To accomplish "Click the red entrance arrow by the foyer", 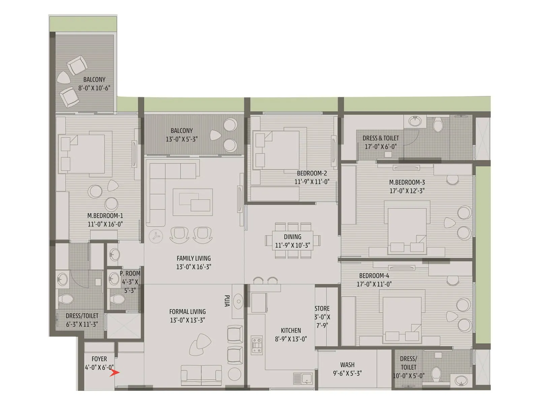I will (115, 373).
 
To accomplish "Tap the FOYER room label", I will (99, 359).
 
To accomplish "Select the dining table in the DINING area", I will (292, 241).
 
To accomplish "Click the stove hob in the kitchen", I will (257, 345).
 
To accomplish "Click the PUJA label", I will (227, 301).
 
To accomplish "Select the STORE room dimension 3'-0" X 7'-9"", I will (322, 321).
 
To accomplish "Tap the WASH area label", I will (347, 365).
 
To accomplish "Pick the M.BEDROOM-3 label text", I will (407, 182).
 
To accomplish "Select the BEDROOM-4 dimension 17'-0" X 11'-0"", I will (374, 284).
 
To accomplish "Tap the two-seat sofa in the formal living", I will (201, 375).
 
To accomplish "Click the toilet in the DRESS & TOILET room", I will (438, 125).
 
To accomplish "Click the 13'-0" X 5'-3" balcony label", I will (182, 139).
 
